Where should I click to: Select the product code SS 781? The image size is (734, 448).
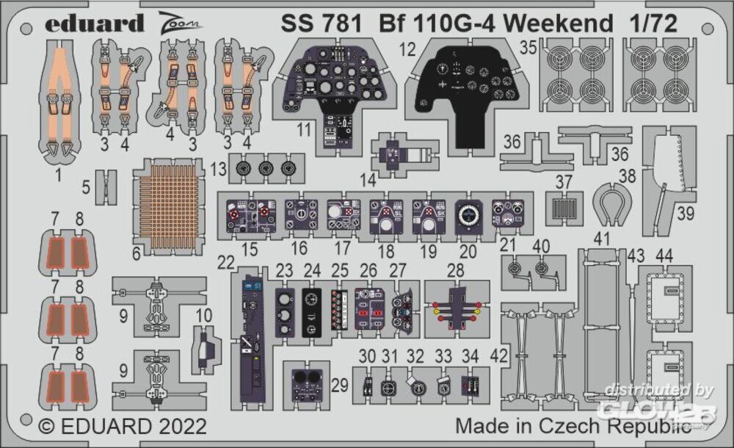coord(320,24)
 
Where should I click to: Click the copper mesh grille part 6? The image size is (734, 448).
coord(170,200)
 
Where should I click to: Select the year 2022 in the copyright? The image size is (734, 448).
coord(181,427)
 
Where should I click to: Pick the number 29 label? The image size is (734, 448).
coord(339,384)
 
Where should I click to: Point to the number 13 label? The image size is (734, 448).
coord(218,170)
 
